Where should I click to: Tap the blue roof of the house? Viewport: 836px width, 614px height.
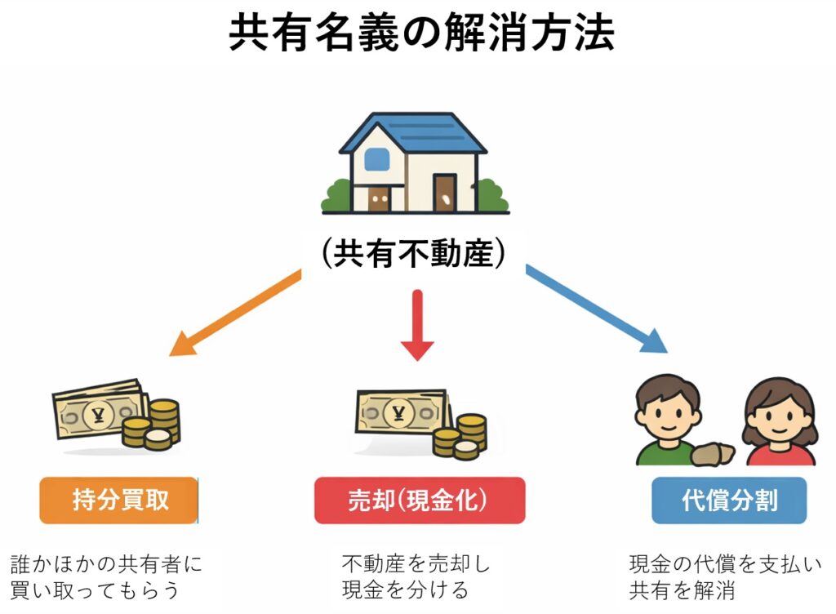click(413, 131)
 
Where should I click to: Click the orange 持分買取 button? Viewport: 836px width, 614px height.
click(119, 501)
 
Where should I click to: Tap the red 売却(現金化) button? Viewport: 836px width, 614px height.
click(419, 501)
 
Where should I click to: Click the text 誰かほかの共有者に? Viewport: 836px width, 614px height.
click(106, 563)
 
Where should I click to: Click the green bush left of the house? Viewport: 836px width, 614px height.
click(336, 196)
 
